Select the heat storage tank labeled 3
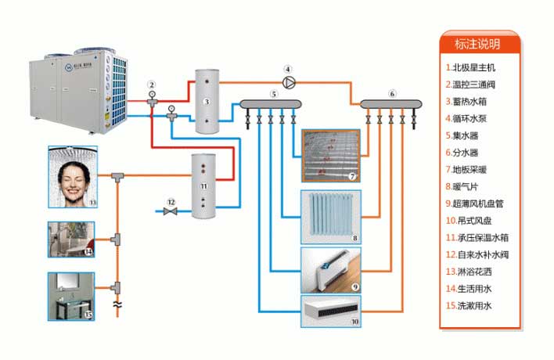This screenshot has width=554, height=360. pos(207,103)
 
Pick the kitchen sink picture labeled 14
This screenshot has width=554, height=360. pos(71,239)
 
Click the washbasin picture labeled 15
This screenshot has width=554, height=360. pos(71,296)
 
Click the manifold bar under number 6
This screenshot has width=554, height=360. pos(390,103)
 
